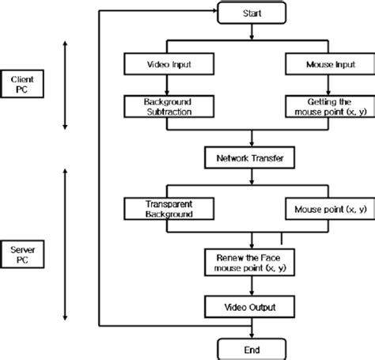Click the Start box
click(x=251, y=13)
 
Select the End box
click(x=251, y=347)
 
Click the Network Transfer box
click(x=251, y=157)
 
